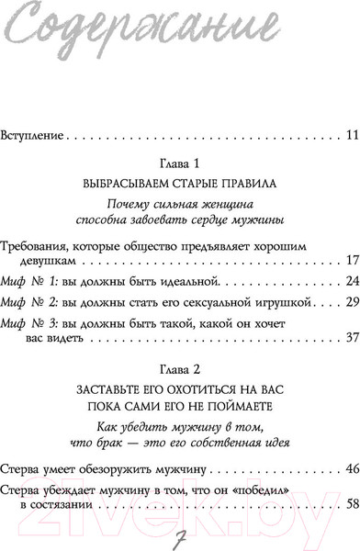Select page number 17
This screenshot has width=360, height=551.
[x=350, y=262]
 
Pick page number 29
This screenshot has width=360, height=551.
[x=350, y=301]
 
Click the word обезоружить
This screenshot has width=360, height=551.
[x=131, y=469]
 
